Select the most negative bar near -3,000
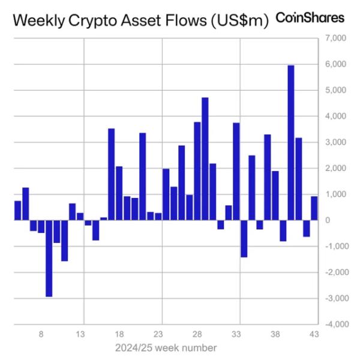49,258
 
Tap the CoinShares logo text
310,17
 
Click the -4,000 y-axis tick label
334,324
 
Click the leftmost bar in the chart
17,210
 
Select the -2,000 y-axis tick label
334,272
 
